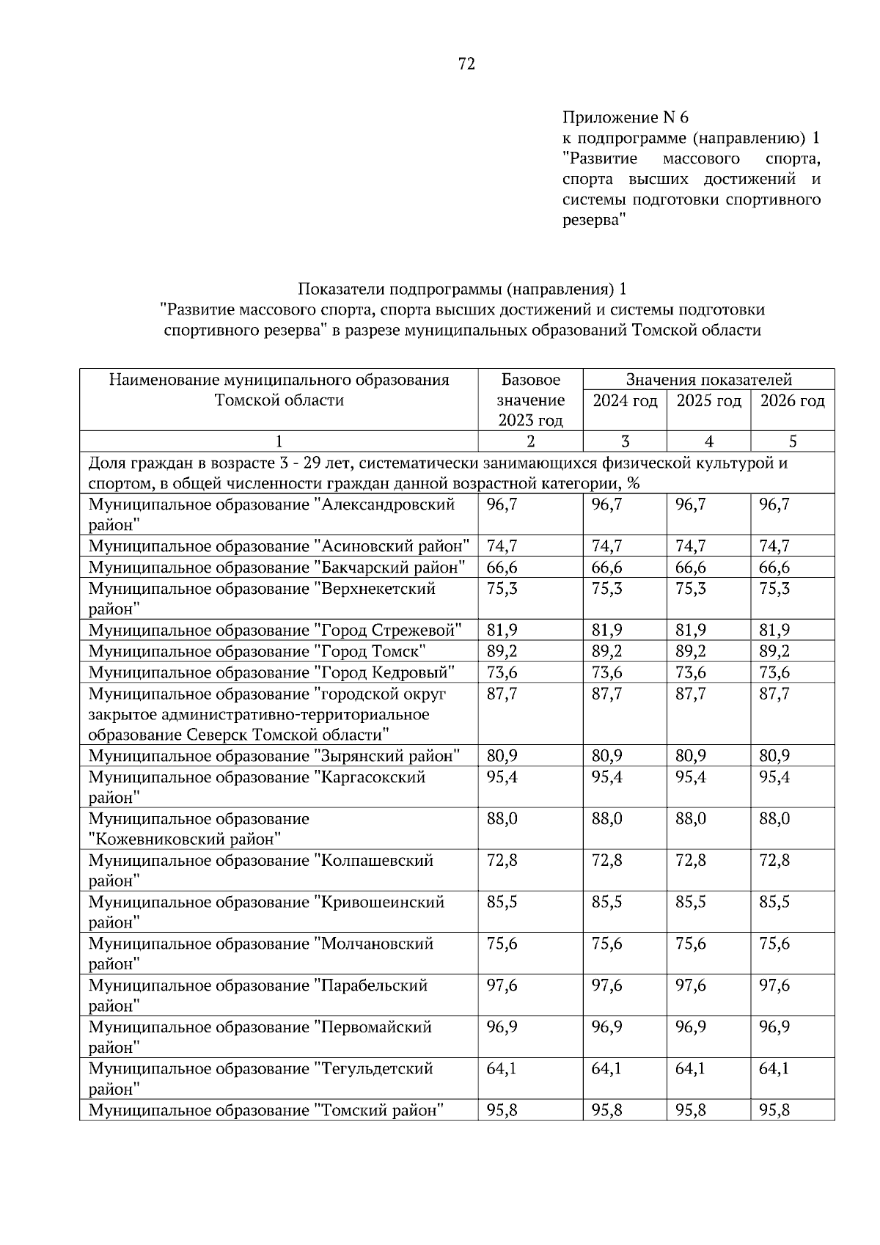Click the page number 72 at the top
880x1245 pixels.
466,65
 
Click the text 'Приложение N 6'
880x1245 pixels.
626,117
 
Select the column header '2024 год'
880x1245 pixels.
625,401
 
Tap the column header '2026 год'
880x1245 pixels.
792,401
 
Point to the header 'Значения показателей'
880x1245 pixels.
708,380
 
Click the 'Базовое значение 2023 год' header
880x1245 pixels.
531,400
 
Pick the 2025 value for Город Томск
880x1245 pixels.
690,651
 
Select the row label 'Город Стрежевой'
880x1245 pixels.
275,631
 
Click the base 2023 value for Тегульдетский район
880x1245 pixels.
502,1069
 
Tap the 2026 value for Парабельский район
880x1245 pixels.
774,985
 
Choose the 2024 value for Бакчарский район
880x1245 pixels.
606,568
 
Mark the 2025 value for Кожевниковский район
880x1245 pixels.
690,819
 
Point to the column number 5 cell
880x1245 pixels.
792,441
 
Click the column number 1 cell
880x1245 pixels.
279,441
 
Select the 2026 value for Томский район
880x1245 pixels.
774,1111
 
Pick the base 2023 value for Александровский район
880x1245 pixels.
502,504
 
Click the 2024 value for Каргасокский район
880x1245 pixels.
606,777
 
